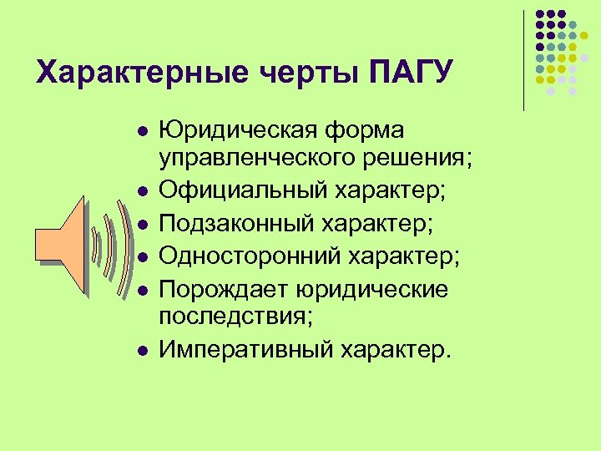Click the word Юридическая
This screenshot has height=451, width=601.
click(x=239, y=132)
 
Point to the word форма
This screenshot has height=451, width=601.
click(x=364, y=132)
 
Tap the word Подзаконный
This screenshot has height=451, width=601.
click(x=240, y=222)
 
